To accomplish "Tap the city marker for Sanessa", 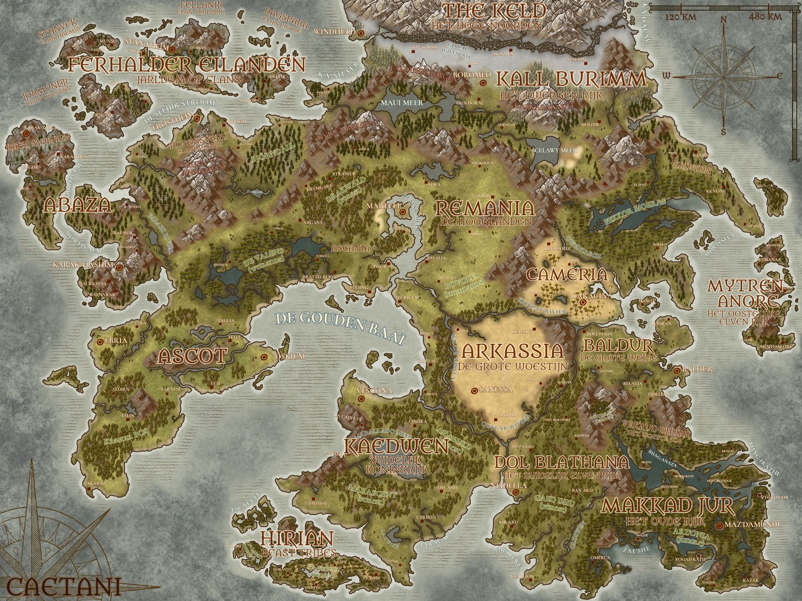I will pos(475,390).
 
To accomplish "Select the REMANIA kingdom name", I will pos(484,208).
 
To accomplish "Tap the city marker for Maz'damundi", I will pos(720,526).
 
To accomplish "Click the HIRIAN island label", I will pos(296,539).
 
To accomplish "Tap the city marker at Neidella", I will pos(516,493).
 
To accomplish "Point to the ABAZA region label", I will pos(77,205).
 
